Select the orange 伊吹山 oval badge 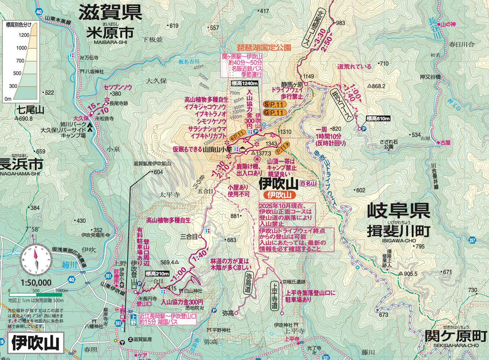click(280, 195)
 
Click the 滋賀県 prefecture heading click(110, 13)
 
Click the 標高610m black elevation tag click(378, 119)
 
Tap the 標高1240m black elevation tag click(245, 84)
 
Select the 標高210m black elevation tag click(157, 274)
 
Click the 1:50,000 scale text click(36, 283)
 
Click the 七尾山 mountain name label click(30, 109)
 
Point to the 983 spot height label click(340, 23)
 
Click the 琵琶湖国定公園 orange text click(264, 48)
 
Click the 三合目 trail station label click(189, 237)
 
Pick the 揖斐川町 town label click(398, 231)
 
